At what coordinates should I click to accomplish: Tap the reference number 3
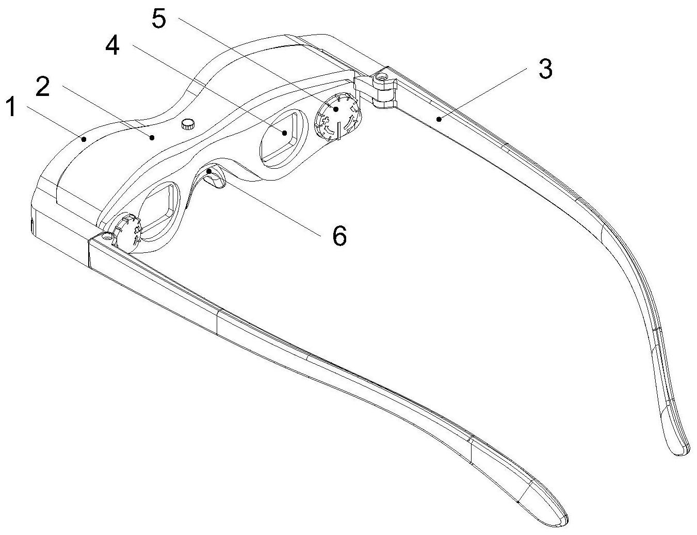[x=546, y=69]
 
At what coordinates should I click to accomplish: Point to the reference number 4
[x=112, y=45]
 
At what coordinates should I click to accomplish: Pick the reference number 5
[x=159, y=18]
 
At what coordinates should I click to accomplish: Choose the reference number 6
[x=339, y=236]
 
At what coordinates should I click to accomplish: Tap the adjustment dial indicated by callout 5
[x=338, y=116]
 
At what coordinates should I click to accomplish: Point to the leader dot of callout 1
[x=84, y=139]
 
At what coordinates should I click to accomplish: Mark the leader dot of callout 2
[x=152, y=138]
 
